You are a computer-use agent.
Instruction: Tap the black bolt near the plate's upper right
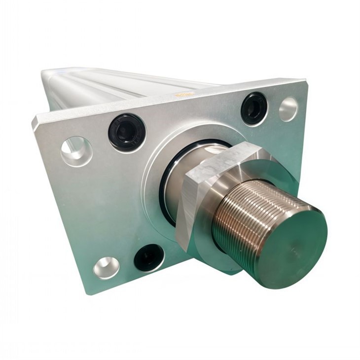click(254, 108)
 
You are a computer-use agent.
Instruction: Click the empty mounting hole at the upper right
click(288, 109)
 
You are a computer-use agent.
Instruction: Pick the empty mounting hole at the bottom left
click(107, 267)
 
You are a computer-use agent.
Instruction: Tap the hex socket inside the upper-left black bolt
click(126, 131)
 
